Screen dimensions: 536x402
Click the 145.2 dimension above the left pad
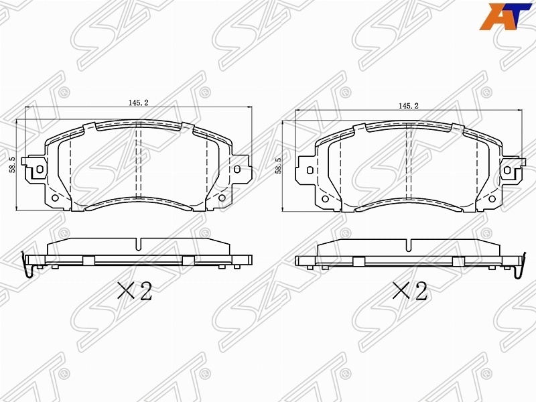point(139,103)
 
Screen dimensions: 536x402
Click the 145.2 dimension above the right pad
point(409,106)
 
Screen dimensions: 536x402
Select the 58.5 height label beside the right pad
point(279,165)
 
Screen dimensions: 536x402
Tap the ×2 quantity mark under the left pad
point(135,291)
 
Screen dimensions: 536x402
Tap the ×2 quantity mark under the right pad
point(410,291)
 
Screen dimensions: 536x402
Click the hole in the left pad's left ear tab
point(40,169)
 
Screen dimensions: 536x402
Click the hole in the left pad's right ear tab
point(237,169)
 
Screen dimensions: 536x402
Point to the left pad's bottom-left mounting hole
point(54,198)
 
